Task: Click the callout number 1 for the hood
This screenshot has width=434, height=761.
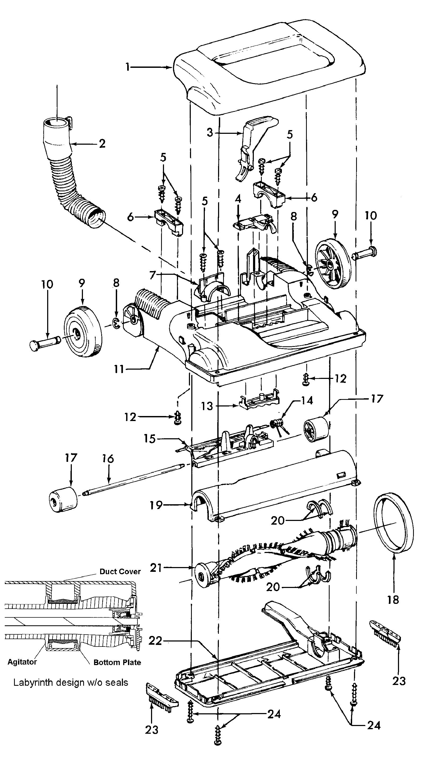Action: [x=128, y=67]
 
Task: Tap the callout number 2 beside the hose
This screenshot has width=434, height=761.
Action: [x=102, y=144]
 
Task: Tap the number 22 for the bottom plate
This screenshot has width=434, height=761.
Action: [x=155, y=641]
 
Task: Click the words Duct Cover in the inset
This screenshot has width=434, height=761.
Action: [x=120, y=572]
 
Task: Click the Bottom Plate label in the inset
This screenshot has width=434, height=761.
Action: [x=117, y=663]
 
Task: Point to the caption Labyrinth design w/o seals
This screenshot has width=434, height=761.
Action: [x=71, y=683]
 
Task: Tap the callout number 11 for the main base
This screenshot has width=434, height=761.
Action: [x=119, y=369]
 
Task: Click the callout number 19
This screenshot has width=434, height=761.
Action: [x=156, y=505]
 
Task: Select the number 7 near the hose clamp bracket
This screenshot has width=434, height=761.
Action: [x=153, y=275]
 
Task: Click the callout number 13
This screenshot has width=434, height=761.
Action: [x=207, y=406]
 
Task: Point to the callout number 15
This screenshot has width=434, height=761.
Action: [x=150, y=439]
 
